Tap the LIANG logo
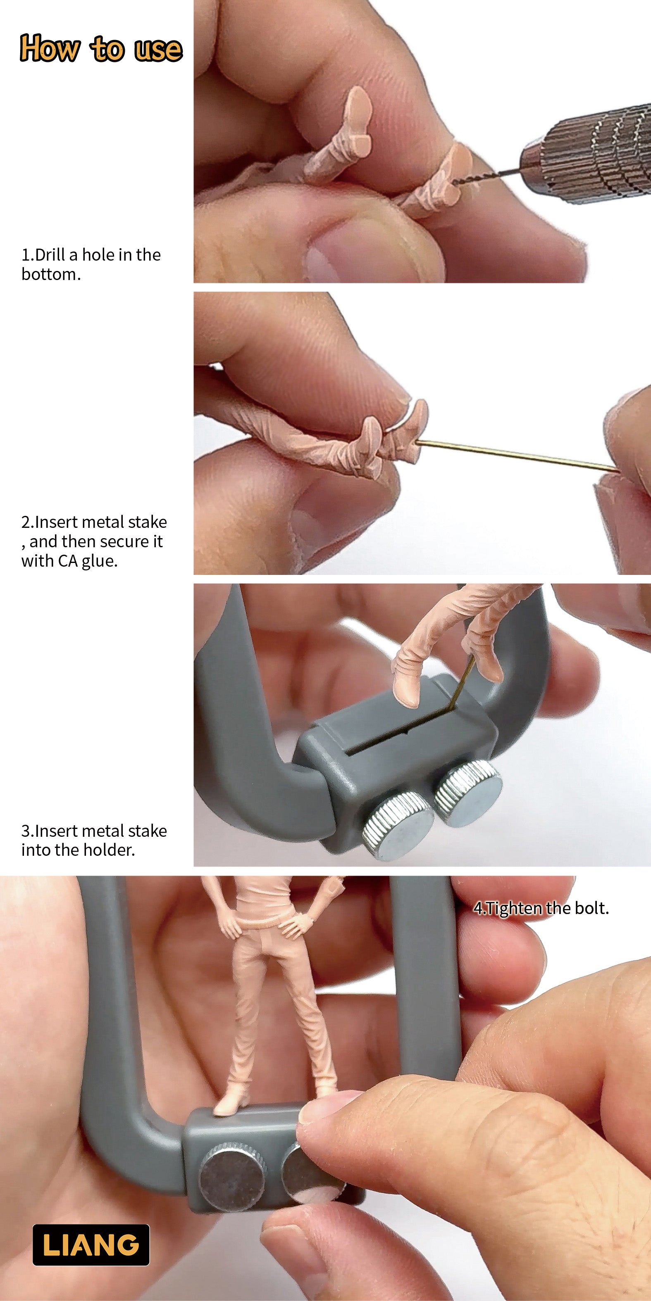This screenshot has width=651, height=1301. click(x=91, y=1244)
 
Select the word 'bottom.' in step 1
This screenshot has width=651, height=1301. click(x=50, y=274)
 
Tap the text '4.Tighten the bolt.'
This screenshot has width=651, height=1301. click(x=541, y=908)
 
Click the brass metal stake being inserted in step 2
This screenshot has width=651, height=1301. click(x=515, y=456)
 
